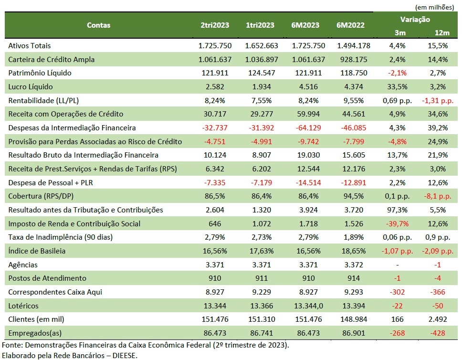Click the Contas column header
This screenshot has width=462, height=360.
point(98,25)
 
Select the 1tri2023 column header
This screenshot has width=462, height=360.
point(260,25)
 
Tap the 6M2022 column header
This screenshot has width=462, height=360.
point(350,25)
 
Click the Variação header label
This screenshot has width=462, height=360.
point(415,20)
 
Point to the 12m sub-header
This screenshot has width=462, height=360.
point(442,32)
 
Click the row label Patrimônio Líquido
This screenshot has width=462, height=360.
point(40,73)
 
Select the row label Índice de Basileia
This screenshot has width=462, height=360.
point(37,251)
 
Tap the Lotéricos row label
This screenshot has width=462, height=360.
point(23,306)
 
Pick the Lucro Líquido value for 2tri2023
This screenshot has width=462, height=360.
point(215,87)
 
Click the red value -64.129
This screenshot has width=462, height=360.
point(308,127)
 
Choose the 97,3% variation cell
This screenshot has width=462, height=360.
point(397,210)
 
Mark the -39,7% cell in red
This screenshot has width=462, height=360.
point(397,224)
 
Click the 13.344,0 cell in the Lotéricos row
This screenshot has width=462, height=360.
point(308,306)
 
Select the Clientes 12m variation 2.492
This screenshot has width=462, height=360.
point(438,319)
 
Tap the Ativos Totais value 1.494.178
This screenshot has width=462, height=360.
point(354,46)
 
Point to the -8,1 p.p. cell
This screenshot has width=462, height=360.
point(438,196)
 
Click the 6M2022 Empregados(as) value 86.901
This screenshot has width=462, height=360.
point(354,333)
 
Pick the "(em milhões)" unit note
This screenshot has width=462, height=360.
point(434,7)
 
